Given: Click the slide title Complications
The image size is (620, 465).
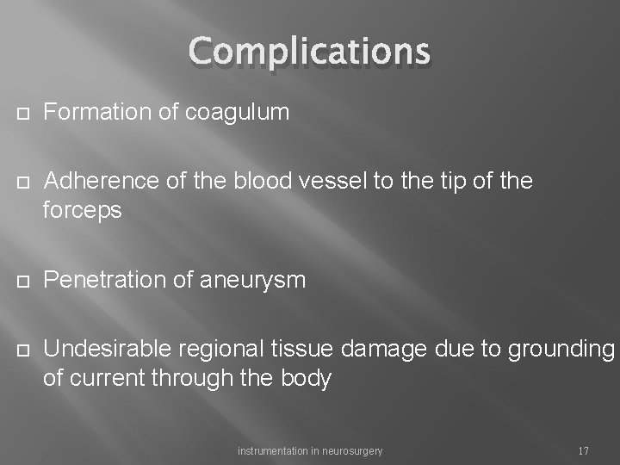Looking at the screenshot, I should click(x=309, y=52).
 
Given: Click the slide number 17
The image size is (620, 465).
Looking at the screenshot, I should click(x=583, y=450).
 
